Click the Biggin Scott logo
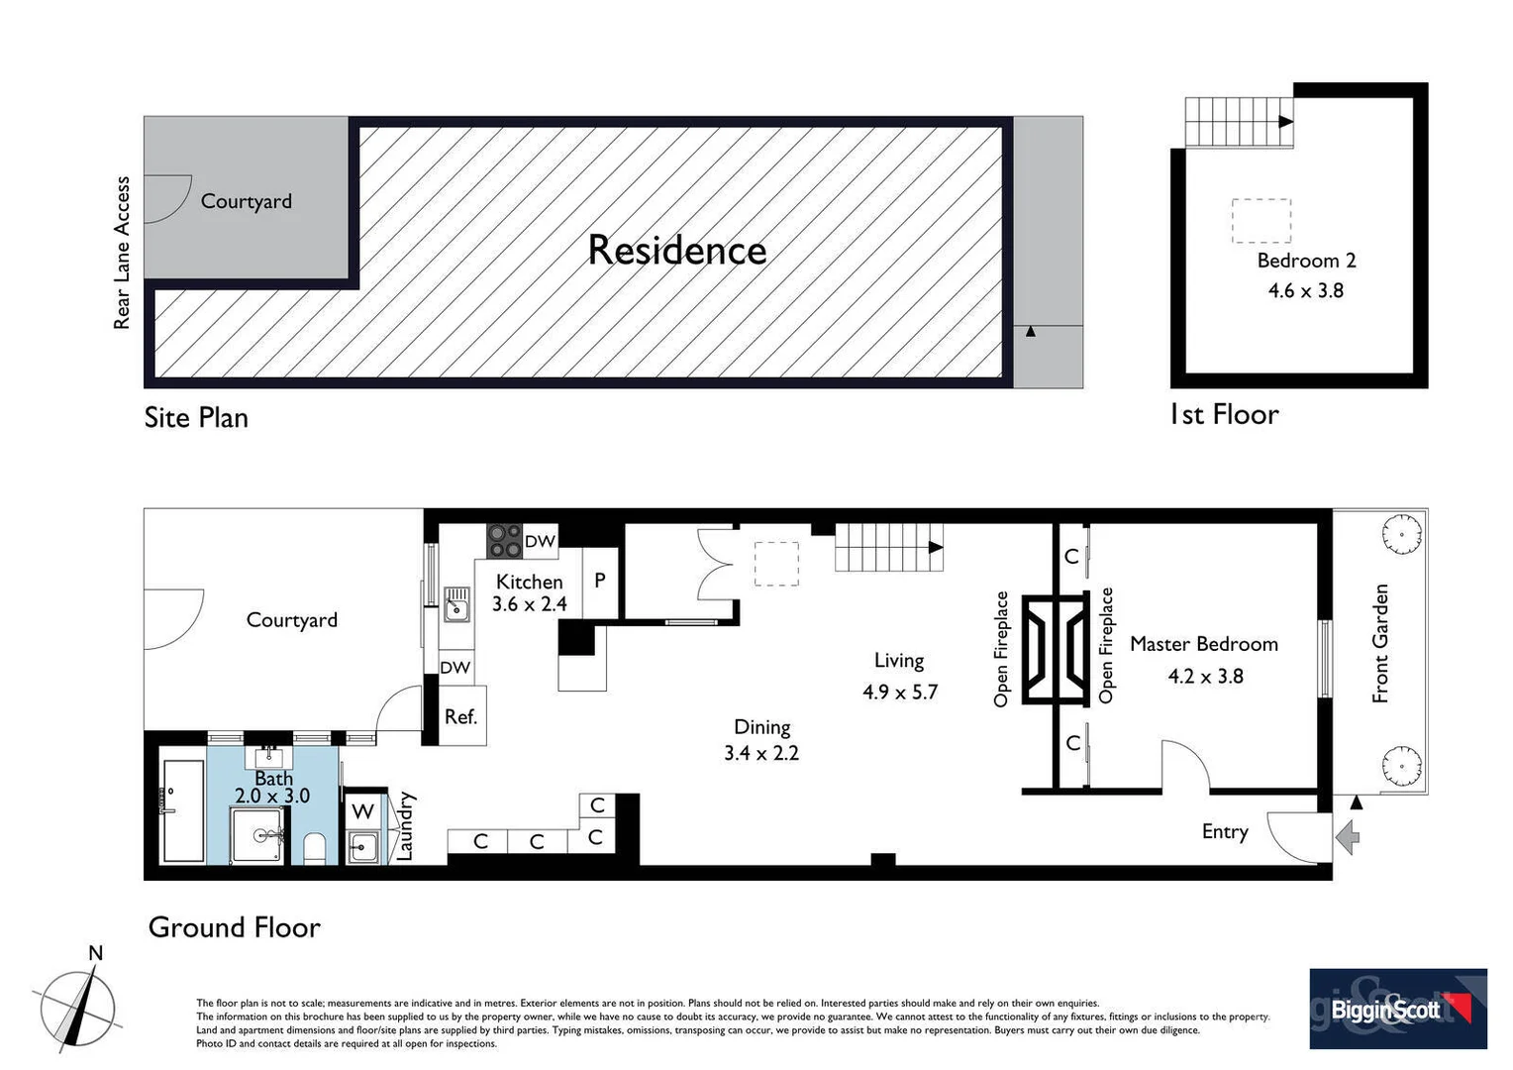[1397, 1009]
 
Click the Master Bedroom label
[1203, 644]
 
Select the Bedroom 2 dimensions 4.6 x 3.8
[1305, 290]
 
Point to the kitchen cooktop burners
[504, 542]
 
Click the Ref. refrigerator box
[460, 716]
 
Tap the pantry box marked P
[600, 582]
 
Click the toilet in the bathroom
[315, 848]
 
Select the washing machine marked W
[362, 810]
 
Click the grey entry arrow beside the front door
[1348, 837]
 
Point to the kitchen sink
[456, 603]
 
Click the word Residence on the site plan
[676, 250]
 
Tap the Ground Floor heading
[234, 927]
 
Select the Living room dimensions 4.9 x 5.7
[899, 692]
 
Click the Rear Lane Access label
[122, 253]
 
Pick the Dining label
[761, 726]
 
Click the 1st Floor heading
[1224, 414]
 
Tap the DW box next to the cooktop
[540, 541]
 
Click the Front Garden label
[1380, 644]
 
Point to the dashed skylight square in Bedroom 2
[1261, 221]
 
